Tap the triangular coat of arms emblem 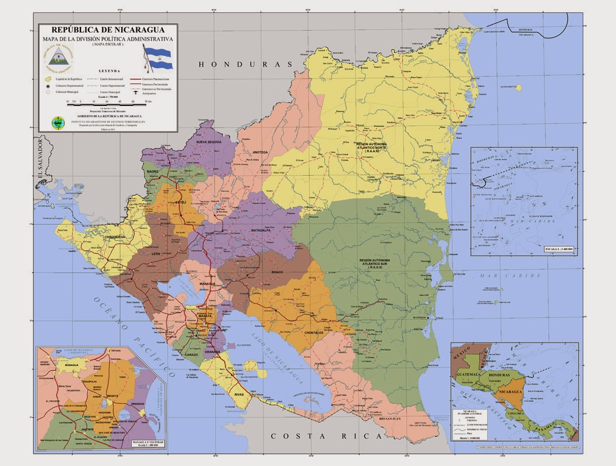click(x=58, y=57)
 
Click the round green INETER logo click(x=58, y=122)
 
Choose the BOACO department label click(x=277, y=271)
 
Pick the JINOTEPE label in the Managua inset click(x=87, y=428)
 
